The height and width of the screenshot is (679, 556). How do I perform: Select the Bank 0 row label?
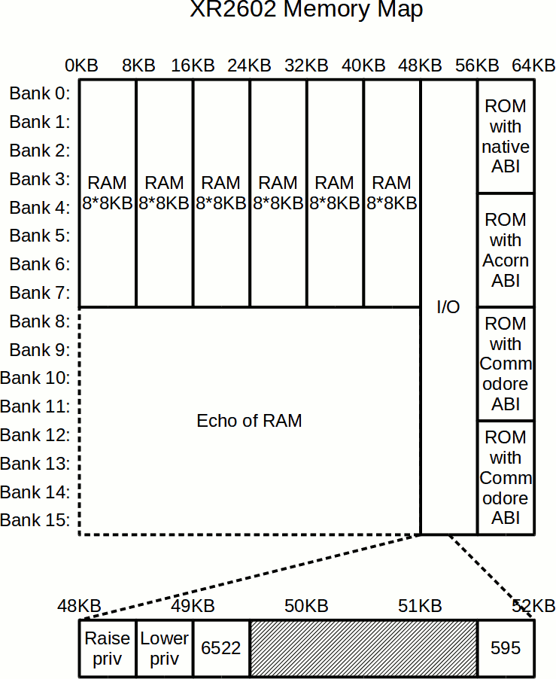tap(40, 94)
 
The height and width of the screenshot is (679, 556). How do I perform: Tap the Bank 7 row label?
tap(40, 293)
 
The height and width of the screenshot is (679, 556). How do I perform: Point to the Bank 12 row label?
tap(35, 435)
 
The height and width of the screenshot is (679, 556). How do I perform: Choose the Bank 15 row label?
tap(35, 520)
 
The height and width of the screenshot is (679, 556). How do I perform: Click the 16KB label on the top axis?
tap(193, 65)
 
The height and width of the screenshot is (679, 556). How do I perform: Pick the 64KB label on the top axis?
tap(533, 65)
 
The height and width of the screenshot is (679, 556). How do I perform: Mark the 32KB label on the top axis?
tap(306, 65)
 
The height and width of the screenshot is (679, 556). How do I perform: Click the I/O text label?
tap(448, 307)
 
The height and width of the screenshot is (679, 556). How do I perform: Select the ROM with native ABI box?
tap(506, 136)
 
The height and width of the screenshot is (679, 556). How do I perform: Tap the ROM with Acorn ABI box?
tap(506, 250)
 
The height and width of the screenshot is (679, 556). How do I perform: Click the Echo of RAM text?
tap(249, 421)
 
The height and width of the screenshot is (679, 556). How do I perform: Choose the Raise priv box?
tap(107, 648)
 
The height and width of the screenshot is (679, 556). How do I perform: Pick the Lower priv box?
tap(165, 648)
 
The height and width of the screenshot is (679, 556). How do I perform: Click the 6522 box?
tap(221, 648)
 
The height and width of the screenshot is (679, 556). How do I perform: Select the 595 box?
tap(506, 648)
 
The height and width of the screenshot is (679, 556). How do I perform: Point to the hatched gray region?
tap(363, 648)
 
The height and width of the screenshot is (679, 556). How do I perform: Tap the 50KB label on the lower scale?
tap(306, 606)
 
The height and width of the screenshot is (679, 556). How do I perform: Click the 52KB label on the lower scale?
tap(533, 606)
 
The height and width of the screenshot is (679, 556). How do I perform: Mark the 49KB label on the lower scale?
tap(193, 606)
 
